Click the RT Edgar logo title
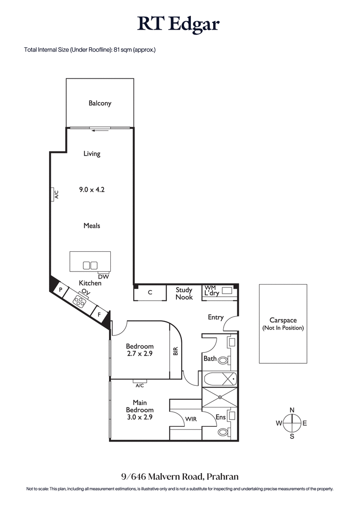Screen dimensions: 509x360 tap(180, 23)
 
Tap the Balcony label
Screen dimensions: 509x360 tap(99, 103)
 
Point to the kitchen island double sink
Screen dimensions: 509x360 tap(90, 265)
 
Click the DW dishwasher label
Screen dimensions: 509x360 tap(103, 277)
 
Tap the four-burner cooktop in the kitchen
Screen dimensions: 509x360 tap(81, 300)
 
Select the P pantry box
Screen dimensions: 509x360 tap(60, 290)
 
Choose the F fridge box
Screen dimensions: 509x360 tap(99, 314)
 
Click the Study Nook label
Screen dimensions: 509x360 tap(184, 294)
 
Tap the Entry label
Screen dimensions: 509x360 tap(216, 317)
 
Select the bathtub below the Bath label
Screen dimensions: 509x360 tap(220, 379)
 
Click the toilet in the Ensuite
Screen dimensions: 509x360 tap(223, 432)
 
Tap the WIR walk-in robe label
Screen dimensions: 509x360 tap(191, 419)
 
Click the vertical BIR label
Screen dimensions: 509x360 tap(175, 351)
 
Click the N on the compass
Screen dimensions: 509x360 tap(292, 410)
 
